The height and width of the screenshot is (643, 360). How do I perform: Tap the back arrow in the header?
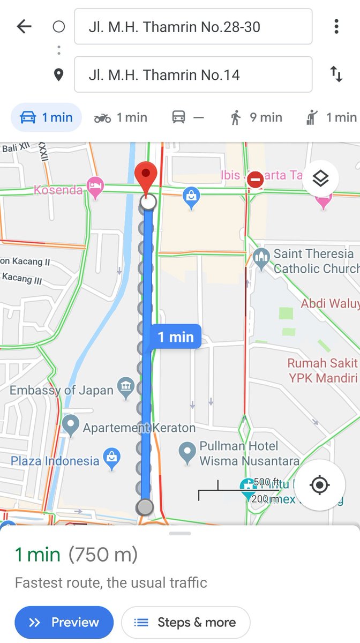click(x=24, y=26)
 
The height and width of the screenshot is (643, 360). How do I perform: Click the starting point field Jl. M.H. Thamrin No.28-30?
click(x=193, y=26)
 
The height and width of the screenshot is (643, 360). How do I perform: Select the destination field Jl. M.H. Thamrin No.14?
click(x=193, y=74)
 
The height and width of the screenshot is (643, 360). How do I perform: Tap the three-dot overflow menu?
click(x=336, y=26)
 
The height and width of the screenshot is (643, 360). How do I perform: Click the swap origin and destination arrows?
click(x=336, y=74)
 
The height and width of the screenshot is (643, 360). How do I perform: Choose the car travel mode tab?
click(x=46, y=117)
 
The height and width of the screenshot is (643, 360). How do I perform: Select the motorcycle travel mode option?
click(x=120, y=117)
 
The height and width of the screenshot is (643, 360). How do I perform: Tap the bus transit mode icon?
click(x=179, y=117)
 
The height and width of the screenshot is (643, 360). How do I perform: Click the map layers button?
click(x=320, y=179)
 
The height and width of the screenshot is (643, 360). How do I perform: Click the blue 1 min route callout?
click(x=175, y=337)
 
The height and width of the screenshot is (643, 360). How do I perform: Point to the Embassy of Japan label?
click(x=62, y=390)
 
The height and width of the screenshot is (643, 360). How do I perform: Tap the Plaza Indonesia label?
click(x=55, y=461)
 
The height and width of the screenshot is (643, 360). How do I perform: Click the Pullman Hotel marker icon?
click(x=187, y=452)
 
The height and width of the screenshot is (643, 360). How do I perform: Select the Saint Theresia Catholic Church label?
click(x=313, y=260)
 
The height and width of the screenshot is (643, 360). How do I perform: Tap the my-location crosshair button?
click(x=320, y=485)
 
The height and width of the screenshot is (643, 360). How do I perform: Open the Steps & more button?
click(x=186, y=622)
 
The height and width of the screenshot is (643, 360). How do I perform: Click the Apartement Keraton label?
click(x=139, y=428)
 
